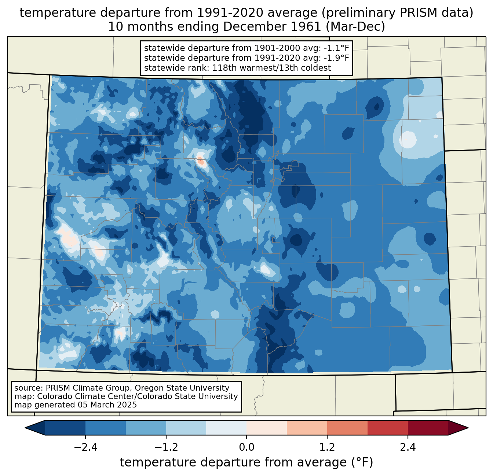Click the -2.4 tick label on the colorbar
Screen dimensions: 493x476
[x=85, y=447]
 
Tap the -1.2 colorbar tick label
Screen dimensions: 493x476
[x=166, y=447]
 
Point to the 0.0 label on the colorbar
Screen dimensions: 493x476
[x=246, y=447]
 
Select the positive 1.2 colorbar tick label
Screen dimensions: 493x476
[x=327, y=447]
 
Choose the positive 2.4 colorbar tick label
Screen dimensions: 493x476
[x=408, y=447]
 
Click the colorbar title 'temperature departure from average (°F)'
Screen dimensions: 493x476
[x=246, y=462]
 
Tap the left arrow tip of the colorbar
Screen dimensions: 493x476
[x=25, y=428]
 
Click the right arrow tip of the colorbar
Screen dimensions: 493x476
[x=468, y=428]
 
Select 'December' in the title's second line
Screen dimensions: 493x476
[x=266, y=27]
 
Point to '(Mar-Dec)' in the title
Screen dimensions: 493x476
[x=355, y=27]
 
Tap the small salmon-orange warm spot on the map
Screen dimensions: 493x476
[x=201, y=161]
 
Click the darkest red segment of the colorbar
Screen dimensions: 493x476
[x=428, y=428]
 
